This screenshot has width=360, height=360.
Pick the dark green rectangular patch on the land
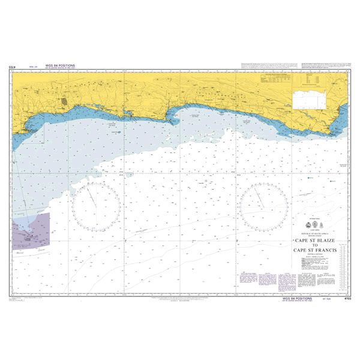click(x=64, y=102)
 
